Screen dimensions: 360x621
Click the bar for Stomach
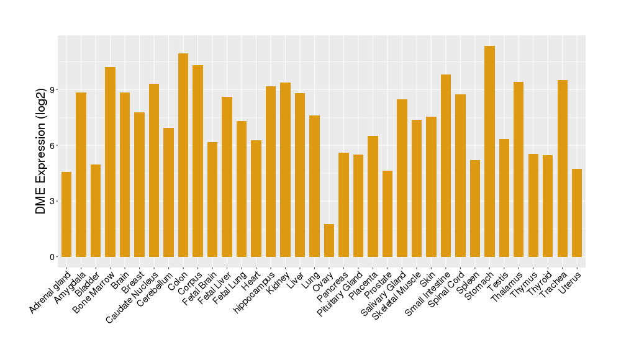click(x=489, y=151)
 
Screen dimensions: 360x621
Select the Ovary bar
click(x=329, y=241)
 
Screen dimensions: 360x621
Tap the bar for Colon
click(x=183, y=155)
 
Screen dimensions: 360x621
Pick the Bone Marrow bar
click(x=111, y=162)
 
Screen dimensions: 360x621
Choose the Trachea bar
click(x=563, y=168)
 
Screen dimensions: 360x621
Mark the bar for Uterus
click(x=577, y=213)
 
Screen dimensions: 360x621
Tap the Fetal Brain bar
click(x=212, y=199)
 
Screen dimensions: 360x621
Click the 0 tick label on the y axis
click(x=53, y=257)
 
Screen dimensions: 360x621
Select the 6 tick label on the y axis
click(x=53, y=145)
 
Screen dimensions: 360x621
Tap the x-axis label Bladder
click(x=88, y=282)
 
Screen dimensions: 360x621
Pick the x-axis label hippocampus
click(x=255, y=292)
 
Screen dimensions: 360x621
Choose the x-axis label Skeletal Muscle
click(x=397, y=295)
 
